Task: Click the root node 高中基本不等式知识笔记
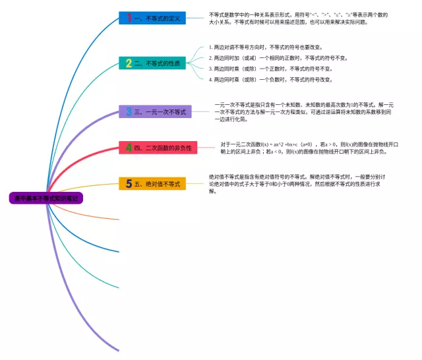click(x=45, y=198)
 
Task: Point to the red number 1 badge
click(x=129, y=18)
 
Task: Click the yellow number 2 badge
click(x=129, y=63)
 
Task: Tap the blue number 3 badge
click(x=129, y=112)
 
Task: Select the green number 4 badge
click(x=129, y=148)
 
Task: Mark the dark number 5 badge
click(x=129, y=184)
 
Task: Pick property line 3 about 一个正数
click(x=270, y=69)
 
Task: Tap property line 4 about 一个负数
click(x=270, y=80)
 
